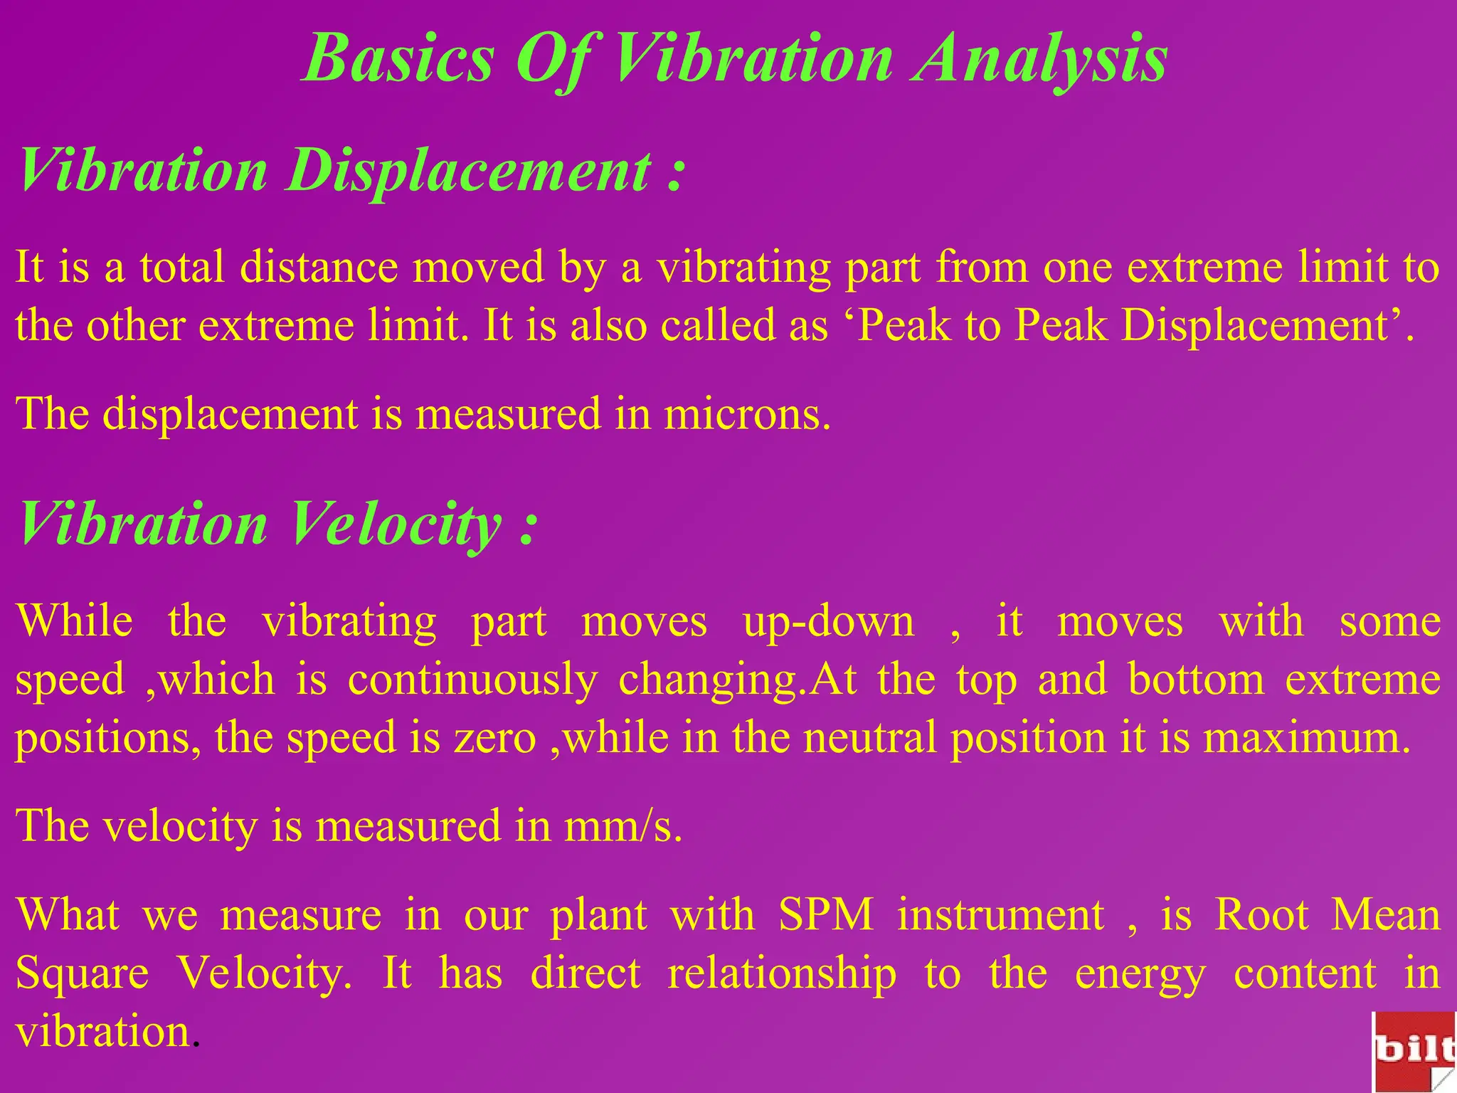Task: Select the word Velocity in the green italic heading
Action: (x=396, y=524)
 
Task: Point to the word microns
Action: (x=746, y=414)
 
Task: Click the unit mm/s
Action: (x=623, y=827)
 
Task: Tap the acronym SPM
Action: (x=826, y=915)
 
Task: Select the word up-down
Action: (x=829, y=622)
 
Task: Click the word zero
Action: (x=495, y=738)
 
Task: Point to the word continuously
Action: (x=472, y=680)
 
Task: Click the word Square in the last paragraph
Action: (x=83, y=973)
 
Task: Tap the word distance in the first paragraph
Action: (x=318, y=268)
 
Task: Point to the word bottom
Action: (x=1196, y=680)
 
